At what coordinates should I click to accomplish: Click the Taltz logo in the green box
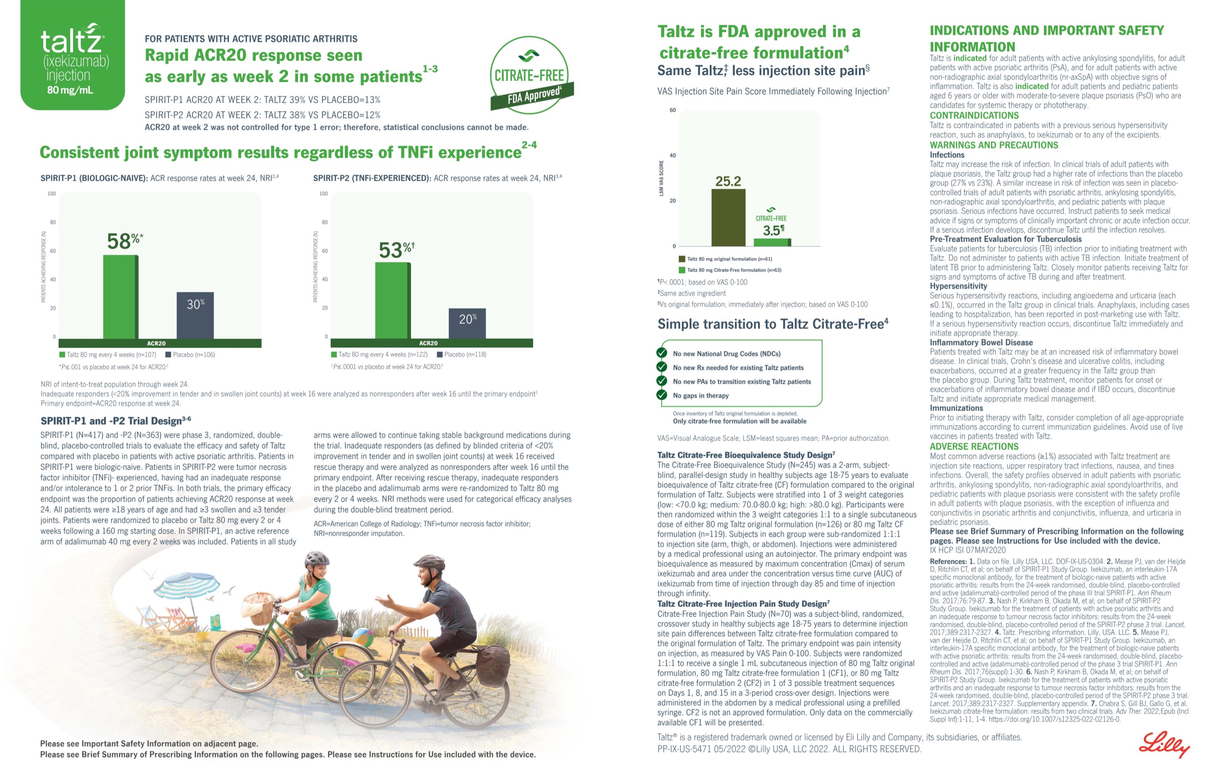73,55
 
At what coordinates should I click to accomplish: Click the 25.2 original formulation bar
728,218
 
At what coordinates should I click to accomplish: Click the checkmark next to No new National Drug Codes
662,353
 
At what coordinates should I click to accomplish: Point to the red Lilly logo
1164,744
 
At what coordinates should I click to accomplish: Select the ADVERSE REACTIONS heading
974,446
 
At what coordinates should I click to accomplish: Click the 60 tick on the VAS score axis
673,110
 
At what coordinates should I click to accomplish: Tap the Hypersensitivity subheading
958,286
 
